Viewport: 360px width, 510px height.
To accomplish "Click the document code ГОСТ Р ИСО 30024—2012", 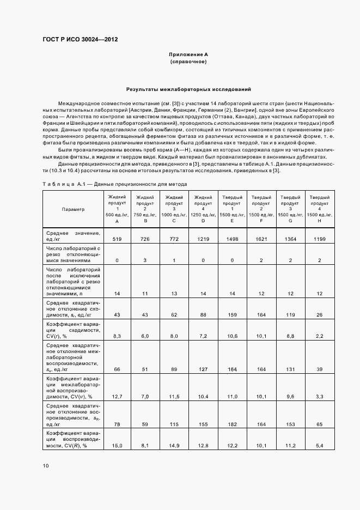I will coord(80,40).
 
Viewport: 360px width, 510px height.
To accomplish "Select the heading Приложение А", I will coord(188,54).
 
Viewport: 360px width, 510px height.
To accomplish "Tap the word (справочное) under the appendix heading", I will coord(188,62).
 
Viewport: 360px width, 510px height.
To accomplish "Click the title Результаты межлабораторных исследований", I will coord(188,88).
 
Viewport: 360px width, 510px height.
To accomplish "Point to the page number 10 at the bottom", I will coord(45,466).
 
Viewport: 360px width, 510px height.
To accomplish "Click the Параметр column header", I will coord(73,209).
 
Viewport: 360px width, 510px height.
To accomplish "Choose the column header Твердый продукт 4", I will coord(319,209).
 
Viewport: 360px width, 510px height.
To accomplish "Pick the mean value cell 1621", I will coord(261,239).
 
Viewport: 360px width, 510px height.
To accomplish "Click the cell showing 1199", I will coord(319,239).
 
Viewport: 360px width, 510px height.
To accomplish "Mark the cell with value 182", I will coord(232,423).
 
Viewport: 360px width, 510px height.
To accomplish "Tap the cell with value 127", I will coord(203,369).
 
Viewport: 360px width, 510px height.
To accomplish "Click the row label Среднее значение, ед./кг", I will coord(73,236).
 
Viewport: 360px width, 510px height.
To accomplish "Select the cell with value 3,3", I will coord(319,396).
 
